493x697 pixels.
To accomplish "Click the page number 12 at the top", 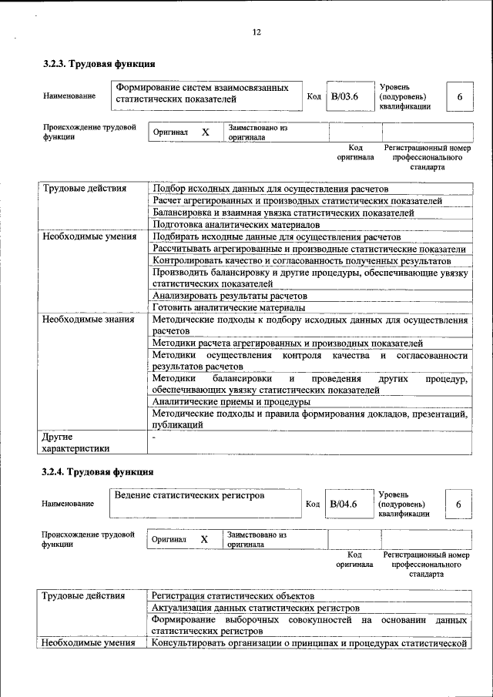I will (257, 32).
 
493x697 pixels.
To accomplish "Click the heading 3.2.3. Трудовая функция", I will (99, 64).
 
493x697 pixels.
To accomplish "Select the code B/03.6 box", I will (344, 97).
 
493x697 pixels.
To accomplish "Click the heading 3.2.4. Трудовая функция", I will (99, 471).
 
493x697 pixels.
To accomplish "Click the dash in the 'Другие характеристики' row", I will (154, 437).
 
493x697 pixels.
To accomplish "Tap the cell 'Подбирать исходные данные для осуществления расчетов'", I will (276, 237).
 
